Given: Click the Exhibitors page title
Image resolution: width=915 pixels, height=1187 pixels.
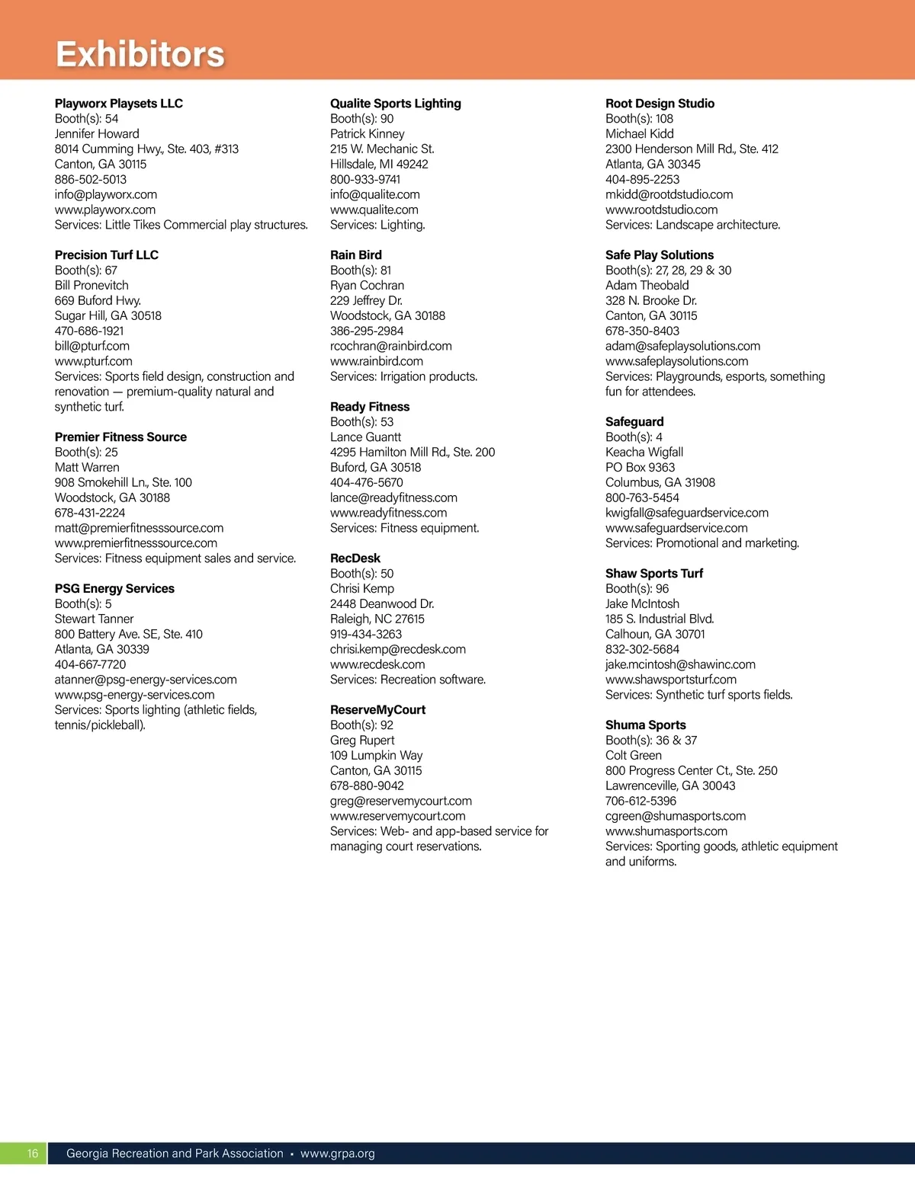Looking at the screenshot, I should click(140, 54).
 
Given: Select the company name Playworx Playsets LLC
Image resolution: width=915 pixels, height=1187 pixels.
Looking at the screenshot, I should click(119, 104).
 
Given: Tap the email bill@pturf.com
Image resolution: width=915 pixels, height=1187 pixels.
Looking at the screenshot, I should click(92, 346).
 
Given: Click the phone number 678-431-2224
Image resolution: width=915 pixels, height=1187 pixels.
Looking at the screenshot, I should click(90, 513).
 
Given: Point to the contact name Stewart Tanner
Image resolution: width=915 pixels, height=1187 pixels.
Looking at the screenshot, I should click(94, 619).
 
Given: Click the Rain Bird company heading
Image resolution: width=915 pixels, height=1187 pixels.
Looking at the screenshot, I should click(356, 255).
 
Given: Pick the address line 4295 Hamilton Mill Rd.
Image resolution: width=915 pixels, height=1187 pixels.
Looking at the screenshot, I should click(413, 452).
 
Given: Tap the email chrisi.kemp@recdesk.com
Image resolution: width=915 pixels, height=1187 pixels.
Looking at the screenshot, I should click(398, 649).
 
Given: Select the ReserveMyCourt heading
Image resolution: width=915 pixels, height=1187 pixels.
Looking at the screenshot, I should click(377, 710).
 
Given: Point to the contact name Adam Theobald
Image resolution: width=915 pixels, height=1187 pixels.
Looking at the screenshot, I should click(647, 286).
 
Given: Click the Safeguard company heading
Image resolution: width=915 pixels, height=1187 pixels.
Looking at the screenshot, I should click(634, 422).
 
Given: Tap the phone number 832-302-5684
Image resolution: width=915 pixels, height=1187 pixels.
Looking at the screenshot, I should click(642, 649).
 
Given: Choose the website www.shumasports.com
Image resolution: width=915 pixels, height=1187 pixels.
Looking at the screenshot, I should click(666, 831).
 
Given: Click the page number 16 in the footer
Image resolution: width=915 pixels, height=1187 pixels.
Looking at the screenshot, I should click(33, 1153).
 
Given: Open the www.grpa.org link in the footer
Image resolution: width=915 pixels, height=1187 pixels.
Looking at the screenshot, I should click(338, 1153).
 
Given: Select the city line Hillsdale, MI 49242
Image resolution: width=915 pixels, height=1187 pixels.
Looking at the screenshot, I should click(379, 165).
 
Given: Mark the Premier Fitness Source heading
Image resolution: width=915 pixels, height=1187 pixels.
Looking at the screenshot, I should click(120, 437).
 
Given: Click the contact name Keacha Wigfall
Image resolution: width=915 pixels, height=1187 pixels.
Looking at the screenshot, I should click(644, 453).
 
